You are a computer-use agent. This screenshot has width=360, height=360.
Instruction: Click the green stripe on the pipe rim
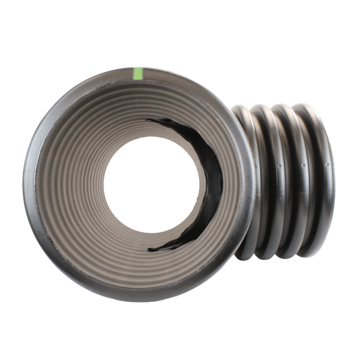point(139,74)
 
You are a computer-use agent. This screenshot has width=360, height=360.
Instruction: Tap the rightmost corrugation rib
point(324,180)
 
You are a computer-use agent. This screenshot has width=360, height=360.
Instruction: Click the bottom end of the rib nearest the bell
point(246,255)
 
